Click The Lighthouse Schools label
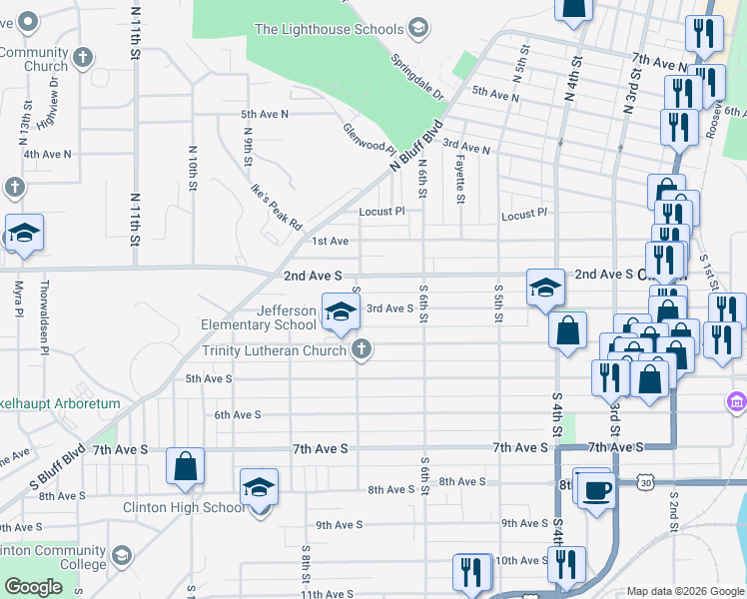330,29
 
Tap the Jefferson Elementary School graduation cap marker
341,311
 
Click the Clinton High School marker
259,490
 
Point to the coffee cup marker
596,491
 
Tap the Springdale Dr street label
418,76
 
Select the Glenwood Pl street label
370,138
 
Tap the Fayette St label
460,174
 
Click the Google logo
33,587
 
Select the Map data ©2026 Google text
684,591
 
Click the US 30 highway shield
644,482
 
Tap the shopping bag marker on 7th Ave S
186,467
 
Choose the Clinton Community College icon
121,555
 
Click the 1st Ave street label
330,241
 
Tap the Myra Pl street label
19,299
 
